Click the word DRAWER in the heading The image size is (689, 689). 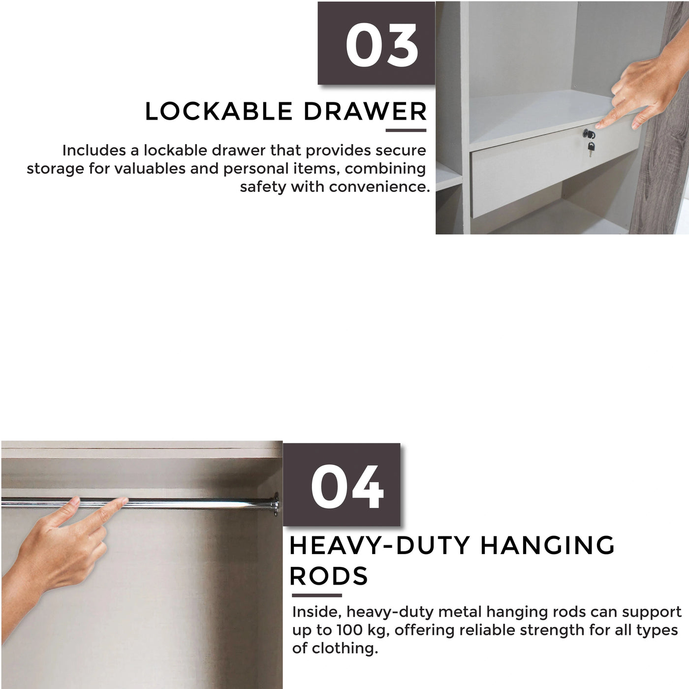[365, 112]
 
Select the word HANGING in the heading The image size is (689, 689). [547, 546]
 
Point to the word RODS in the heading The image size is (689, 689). [328, 576]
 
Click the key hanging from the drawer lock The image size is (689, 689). [591, 146]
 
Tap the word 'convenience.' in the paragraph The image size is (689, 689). [379, 187]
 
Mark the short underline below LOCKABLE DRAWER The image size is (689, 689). [406, 130]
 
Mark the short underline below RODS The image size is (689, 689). [316, 595]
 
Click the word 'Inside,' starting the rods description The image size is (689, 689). [316, 612]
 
